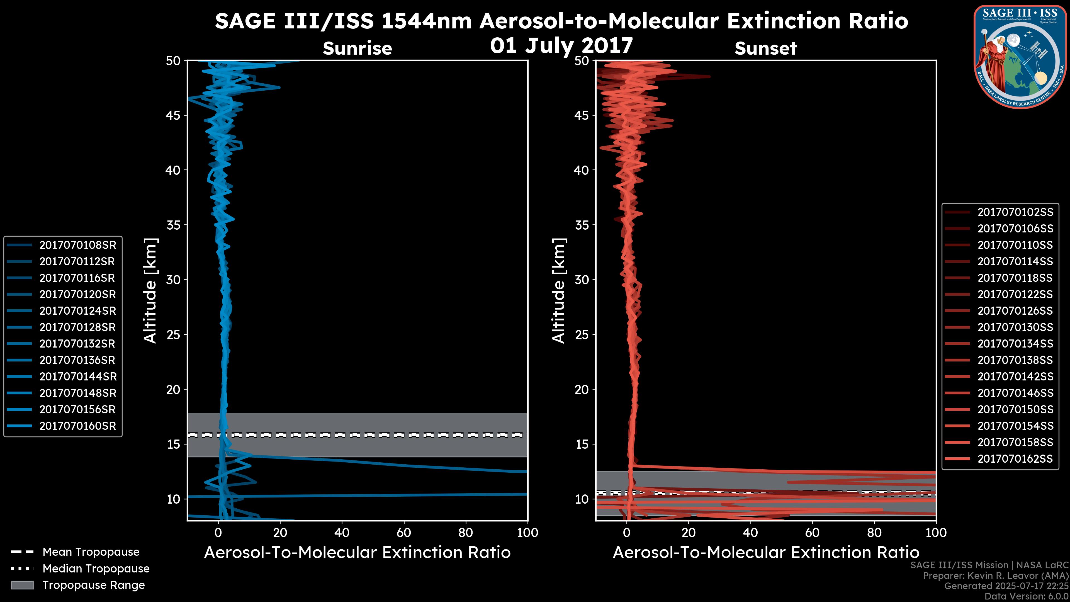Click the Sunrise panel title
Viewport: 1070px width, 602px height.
[357, 48]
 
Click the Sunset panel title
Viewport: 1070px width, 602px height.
[765, 48]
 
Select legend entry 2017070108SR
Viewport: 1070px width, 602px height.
[77, 245]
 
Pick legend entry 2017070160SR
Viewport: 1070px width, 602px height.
[77, 426]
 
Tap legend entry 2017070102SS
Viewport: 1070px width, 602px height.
[1015, 212]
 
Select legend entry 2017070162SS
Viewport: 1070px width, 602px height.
[1015, 459]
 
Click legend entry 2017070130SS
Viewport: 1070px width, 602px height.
[1015, 327]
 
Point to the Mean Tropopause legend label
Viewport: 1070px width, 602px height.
[91, 552]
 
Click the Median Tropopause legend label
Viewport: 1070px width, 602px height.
[96, 568]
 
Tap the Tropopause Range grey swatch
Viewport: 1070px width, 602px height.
[22, 585]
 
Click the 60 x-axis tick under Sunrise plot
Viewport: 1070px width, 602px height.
[404, 533]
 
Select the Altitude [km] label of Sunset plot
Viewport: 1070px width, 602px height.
[559, 291]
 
